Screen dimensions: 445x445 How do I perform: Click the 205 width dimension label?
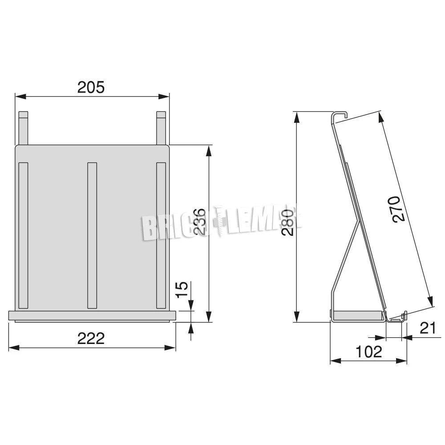point(91,87)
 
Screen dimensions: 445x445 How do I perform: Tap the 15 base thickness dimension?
point(182,290)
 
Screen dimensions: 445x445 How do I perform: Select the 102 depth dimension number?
point(369,352)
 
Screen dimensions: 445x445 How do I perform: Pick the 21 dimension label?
point(428,328)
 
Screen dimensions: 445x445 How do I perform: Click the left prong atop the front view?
point(23,128)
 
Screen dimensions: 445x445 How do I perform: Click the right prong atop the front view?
point(161,128)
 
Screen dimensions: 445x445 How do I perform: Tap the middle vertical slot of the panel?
point(92,235)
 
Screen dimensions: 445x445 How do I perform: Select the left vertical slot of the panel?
point(23,235)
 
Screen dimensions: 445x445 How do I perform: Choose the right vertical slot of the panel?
point(161,235)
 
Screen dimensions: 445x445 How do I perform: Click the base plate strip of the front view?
point(92,316)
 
